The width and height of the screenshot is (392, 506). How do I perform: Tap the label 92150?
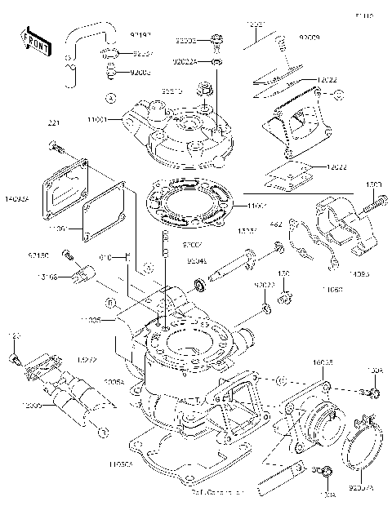(37, 254)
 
